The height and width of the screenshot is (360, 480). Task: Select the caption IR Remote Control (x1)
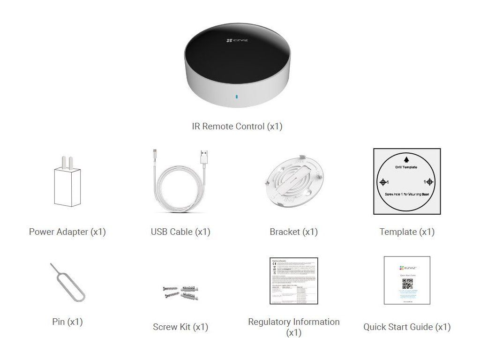point(237,126)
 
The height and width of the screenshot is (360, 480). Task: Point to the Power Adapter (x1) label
point(67,232)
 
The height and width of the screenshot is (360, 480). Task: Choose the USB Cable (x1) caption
point(180,232)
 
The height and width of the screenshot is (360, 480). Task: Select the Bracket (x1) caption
point(293,232)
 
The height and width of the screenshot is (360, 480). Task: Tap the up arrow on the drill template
point(406,159)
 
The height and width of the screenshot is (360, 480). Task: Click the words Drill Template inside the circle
point(406,167)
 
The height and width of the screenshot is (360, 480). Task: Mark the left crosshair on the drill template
point(383,182)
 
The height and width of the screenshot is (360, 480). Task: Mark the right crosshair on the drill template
point(430,182)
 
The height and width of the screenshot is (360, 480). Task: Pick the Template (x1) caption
point(407,232)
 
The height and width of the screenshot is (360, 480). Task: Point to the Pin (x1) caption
point(67,322)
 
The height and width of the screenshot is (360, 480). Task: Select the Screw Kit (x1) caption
point(180,327)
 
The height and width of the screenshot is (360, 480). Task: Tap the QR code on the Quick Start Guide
point(407,284)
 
